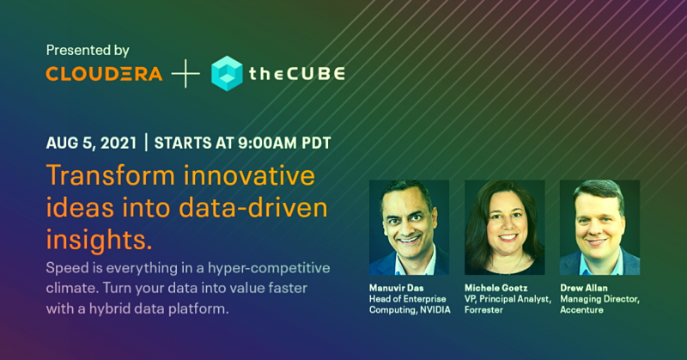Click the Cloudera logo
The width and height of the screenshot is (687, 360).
(104, 74)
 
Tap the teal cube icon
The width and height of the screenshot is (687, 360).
(227, 73)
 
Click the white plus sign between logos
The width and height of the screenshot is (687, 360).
(185, 74)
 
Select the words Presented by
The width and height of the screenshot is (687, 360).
(88, 51)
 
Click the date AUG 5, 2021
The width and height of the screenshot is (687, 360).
(92, 143)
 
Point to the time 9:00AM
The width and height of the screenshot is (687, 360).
(267, 143)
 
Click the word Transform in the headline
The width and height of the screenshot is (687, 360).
(111, 175)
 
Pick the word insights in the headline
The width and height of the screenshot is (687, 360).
(99, 241)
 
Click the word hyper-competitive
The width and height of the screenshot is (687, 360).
(269, 268)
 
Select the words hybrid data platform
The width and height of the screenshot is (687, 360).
(159, 309)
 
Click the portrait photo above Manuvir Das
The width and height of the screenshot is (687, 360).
(410, 227)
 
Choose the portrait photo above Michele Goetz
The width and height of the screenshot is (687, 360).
(505, 227)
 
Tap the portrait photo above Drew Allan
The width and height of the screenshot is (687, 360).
(599, 227)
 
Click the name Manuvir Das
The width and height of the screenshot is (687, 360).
(396, 288)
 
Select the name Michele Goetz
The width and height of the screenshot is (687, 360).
(496, 288)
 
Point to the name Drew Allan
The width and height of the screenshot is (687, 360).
(584, 288)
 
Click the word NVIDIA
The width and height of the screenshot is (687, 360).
(435, 310)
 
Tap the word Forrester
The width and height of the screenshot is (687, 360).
(483, 310)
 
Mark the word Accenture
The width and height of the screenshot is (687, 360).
(582, 310)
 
